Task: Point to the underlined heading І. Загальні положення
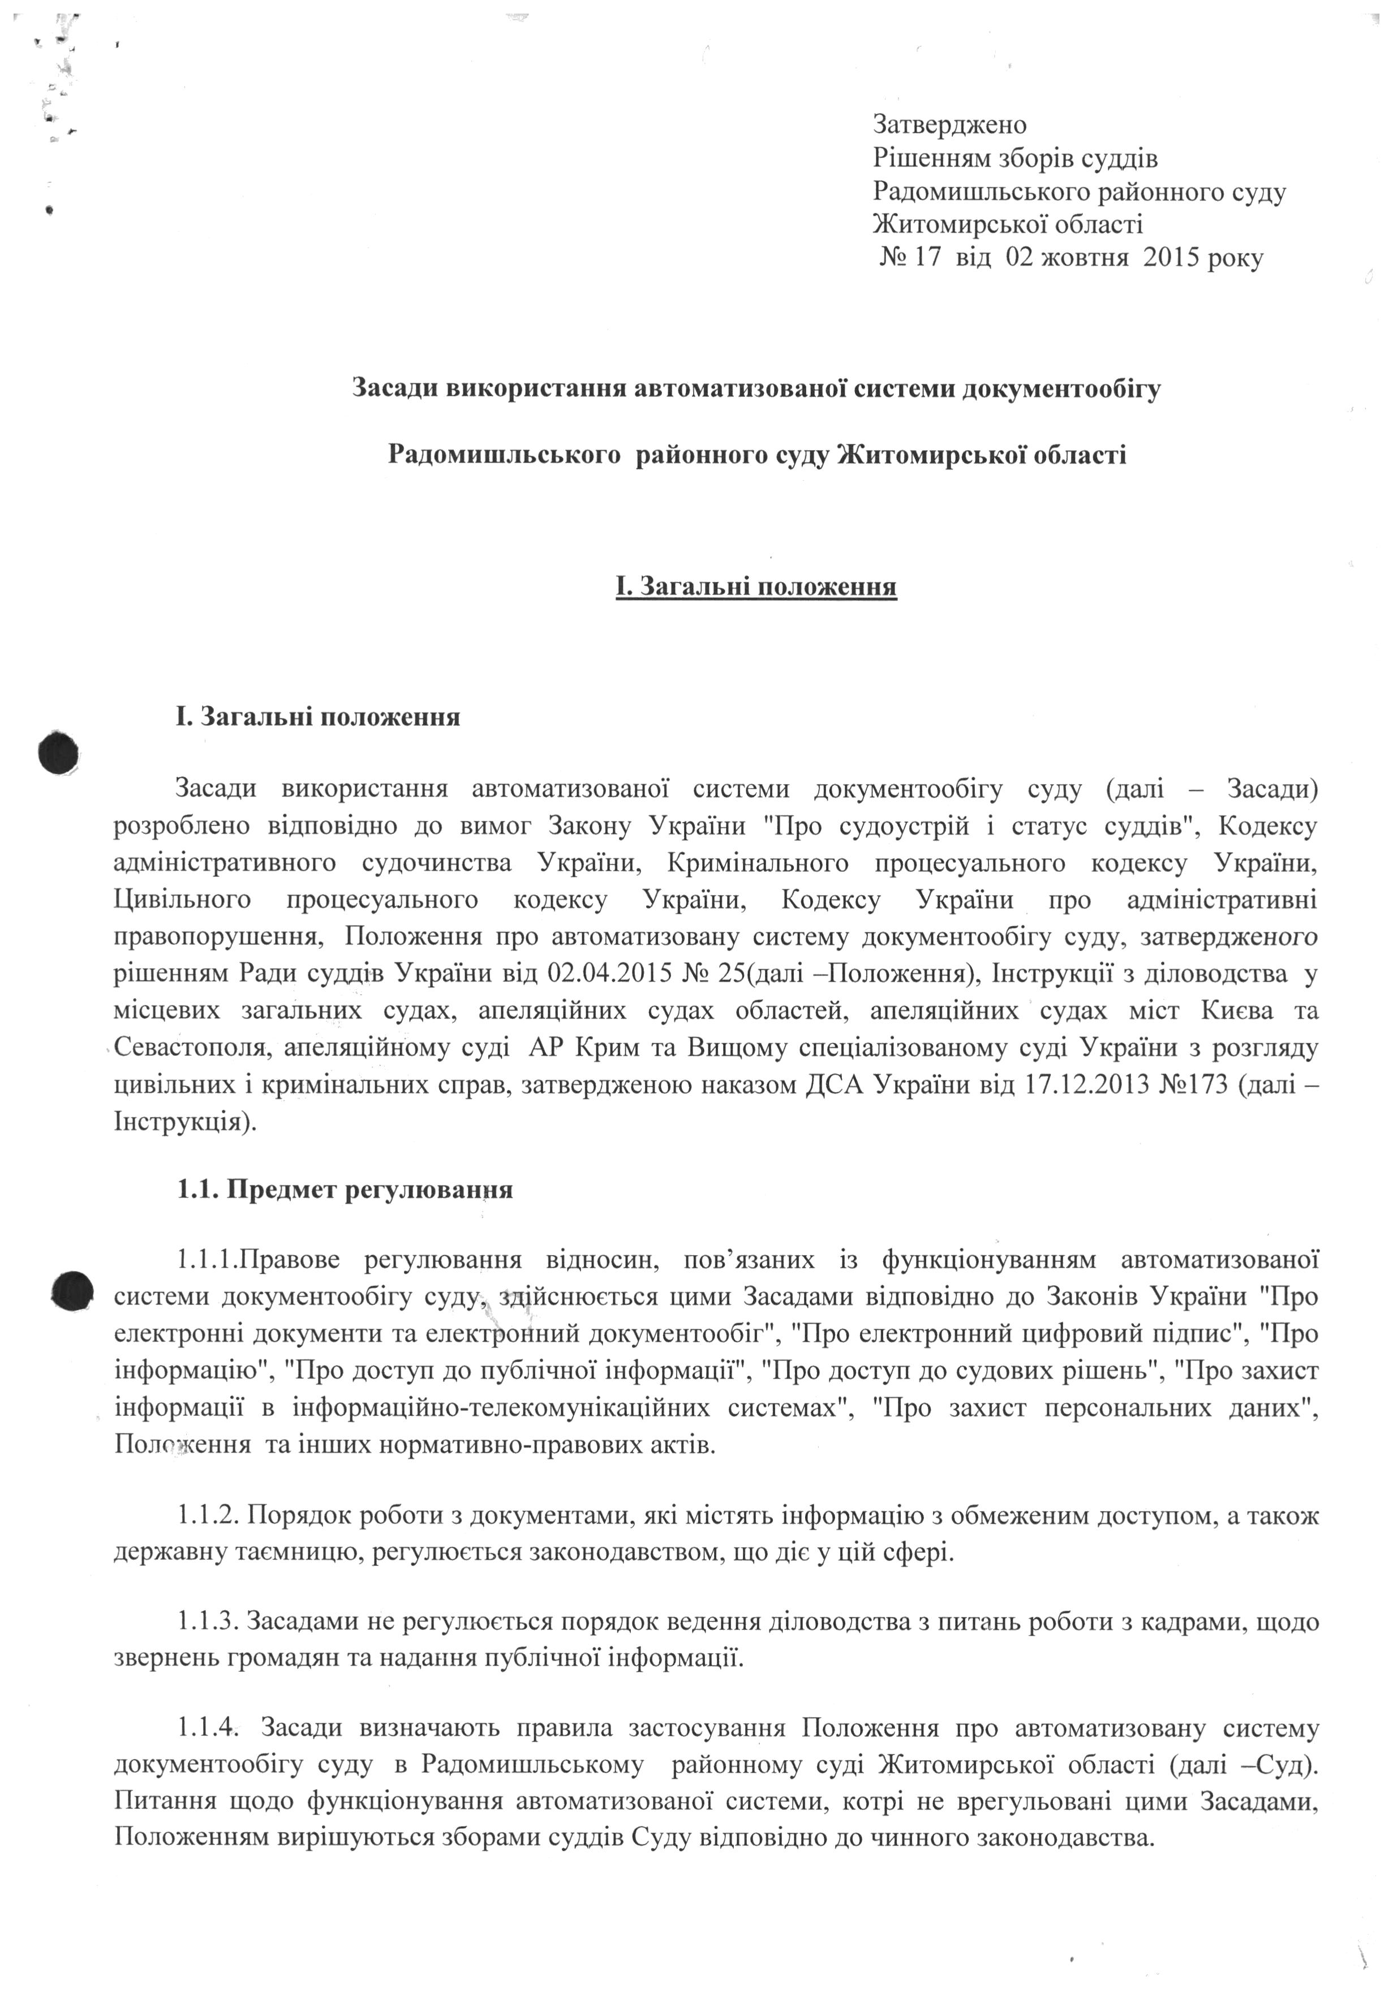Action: point(755,588)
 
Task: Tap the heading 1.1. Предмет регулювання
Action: point(345,1189)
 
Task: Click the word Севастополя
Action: point(189,1048)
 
